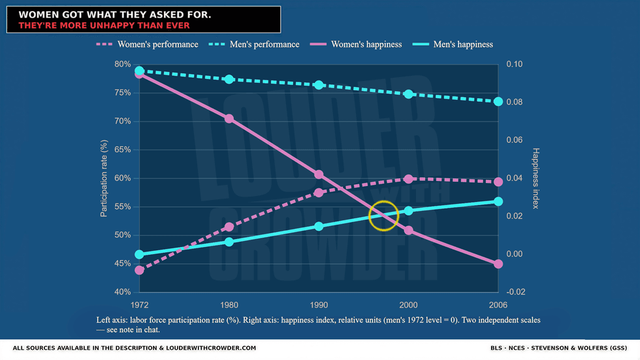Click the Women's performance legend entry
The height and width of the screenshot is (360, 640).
148,44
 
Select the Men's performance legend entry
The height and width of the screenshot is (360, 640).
254,44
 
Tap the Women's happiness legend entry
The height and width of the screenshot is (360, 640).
356,44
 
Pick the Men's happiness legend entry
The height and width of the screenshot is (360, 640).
453,44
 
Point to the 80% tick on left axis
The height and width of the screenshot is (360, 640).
123,64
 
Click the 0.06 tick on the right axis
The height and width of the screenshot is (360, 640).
515,140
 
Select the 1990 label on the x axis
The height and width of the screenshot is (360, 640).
319,305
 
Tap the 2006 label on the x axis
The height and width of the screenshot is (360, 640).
498,305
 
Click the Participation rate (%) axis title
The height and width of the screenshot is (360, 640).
104,178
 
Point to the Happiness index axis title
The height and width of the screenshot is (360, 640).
536,178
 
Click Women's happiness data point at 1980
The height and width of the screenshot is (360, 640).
229,119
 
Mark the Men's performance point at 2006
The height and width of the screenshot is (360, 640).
498,102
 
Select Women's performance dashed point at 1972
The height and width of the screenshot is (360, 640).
139,270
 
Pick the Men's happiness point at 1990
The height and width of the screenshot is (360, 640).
319,227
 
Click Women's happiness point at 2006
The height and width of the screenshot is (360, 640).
498,264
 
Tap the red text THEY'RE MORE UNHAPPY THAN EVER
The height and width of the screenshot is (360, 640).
104,25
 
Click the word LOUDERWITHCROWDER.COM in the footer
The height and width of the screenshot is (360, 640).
211,348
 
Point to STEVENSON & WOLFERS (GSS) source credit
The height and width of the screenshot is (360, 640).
579,348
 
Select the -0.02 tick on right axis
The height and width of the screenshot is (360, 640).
515,292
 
